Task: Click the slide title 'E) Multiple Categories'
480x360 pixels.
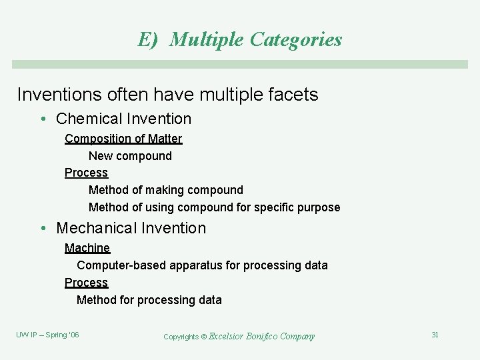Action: [240, 39]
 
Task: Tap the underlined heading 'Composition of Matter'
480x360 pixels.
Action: [123, 139]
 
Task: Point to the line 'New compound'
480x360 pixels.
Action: [130, 156]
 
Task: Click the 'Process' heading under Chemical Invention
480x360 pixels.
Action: [86, 173]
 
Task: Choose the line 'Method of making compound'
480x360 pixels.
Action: [165, 190]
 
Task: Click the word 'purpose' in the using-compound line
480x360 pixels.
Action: [317, 207]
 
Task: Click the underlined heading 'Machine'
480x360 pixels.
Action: [87, 248]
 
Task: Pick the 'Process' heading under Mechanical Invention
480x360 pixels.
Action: [86, 283]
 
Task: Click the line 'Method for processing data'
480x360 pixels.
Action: [149, 300]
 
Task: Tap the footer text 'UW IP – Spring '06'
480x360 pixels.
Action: [47, 335]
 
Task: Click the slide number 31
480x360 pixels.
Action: [435, 335]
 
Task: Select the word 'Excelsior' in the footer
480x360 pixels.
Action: [226, 337]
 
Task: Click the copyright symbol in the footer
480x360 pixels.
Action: [205, 337]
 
